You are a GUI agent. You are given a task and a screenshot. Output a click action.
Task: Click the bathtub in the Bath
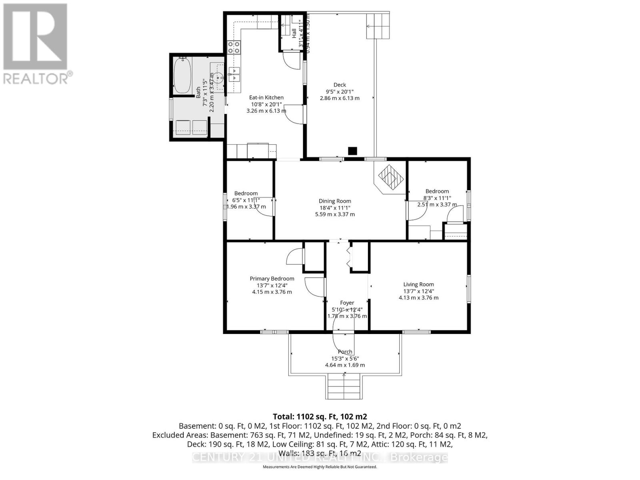coord(183,75)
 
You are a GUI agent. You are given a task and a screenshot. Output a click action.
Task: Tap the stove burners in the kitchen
coord(234,47)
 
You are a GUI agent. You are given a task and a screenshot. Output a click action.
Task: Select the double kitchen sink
coord(234,75)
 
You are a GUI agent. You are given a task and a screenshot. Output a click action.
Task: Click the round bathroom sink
coord(218,78)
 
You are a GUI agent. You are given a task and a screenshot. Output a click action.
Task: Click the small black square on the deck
coord(352,151)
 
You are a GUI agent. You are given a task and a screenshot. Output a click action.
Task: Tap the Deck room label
coord(340,85)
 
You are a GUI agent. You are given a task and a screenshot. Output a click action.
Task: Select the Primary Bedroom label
coord(272,279)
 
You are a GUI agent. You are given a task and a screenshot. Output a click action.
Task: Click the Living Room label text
coord(418,284)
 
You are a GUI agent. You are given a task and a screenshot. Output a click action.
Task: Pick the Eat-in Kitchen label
coord(266,97)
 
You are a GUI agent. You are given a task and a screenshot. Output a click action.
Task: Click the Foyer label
coord(347,303)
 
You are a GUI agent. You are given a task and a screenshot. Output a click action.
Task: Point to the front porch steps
coord(344,386)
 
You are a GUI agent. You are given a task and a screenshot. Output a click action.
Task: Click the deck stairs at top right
coord(378,26)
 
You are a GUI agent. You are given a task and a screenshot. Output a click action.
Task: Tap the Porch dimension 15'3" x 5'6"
coord(345,358)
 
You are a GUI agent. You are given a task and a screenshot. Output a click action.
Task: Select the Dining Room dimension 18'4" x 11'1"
coord(335,208)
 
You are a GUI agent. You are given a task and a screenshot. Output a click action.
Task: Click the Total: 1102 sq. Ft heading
coord(320,416)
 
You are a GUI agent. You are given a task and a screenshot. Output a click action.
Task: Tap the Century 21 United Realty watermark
coord(320,457)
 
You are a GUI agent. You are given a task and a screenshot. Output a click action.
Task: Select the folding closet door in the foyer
coord(348,256)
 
